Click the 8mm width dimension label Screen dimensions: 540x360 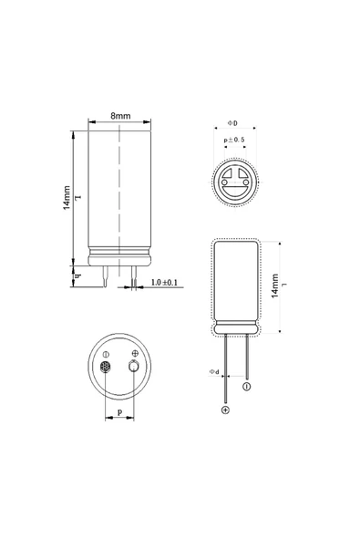point(119,117)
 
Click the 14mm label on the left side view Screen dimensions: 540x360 point(66,198)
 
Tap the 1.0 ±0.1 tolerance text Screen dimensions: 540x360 point(164,283)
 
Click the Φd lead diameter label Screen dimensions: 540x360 point(213,372)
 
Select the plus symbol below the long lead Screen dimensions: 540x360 point(225,410)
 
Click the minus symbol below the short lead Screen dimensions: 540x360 point(246,388)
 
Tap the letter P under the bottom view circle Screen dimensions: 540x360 point(120,413)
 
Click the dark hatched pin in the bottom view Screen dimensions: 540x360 point(106,368)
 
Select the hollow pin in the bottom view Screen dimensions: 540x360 point(135,368)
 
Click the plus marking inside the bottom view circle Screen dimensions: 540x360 point(136,353)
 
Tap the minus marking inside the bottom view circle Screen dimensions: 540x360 point(106,353)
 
